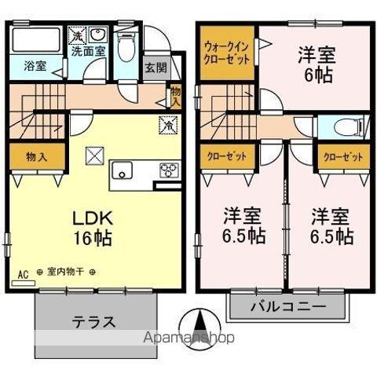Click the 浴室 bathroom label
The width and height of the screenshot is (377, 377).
click(34, 68)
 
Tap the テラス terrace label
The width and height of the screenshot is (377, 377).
click(94, 321)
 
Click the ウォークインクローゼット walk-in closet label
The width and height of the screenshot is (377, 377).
click(228, 53)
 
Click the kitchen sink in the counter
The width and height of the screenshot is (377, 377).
click(123, 170)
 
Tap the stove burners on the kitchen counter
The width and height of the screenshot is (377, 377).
click(169, 170)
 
